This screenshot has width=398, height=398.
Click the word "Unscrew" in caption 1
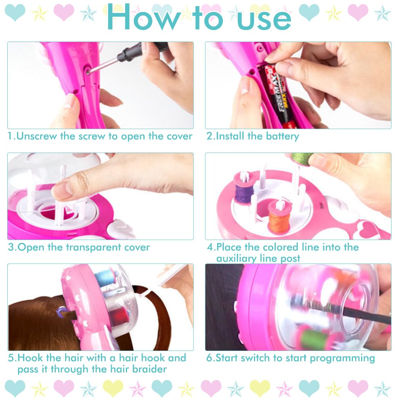pos(37,136)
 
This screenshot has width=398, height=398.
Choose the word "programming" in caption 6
pos(342,359)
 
